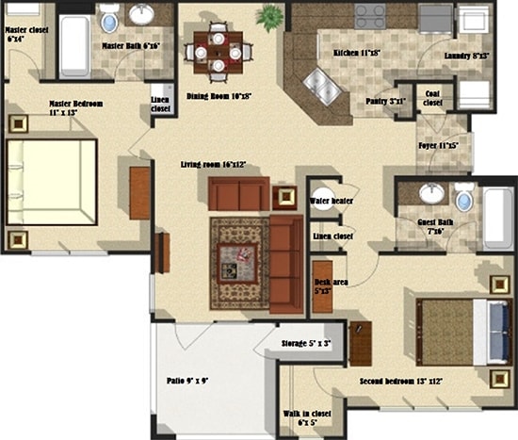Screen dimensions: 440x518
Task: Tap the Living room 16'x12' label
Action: [x=213, y=165]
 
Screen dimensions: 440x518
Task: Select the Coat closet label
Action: [x=433, y=98]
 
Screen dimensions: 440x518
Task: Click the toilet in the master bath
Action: [x=109, y=17]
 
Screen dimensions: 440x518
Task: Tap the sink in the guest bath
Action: [x=431, y=193]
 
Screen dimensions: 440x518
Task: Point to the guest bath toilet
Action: [x=463, y=198]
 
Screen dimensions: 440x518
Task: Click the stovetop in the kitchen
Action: [x=369, y=16]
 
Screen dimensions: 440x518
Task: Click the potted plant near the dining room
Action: [x=271, y=16]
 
